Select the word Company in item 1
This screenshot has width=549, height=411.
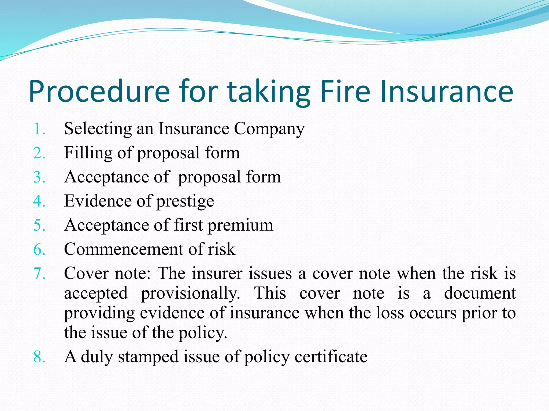[x=269, y=130]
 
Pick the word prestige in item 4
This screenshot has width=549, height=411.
[x=185, y=202]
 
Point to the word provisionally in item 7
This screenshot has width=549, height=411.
[x=190, y=294]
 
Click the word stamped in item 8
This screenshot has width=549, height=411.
[x=148, y=357]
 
